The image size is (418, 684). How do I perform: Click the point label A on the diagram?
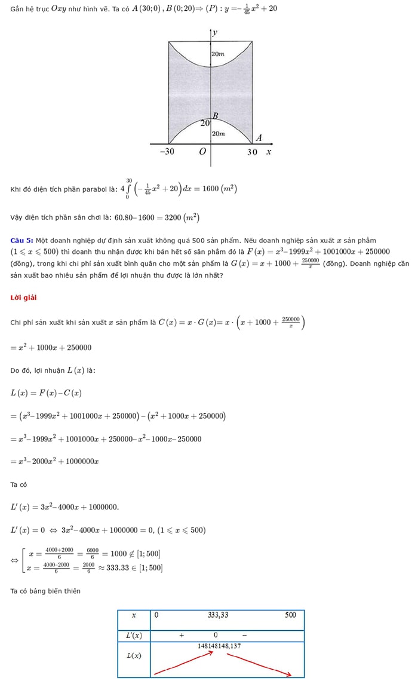(259, 138)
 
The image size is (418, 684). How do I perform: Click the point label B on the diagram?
(215, 116)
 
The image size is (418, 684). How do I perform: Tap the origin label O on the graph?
(202, 152)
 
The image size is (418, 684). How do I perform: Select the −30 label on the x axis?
(167, 152)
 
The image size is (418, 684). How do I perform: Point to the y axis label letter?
(215, 32)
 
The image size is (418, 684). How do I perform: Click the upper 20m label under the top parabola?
(218, 54)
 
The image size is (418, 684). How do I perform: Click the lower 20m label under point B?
(219, 134)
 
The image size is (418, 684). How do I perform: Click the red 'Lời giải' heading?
(23, 297)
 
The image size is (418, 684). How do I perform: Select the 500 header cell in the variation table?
(290, 615)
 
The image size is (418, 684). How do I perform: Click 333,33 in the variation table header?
(218, 615)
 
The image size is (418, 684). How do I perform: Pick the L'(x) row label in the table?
(134, 635)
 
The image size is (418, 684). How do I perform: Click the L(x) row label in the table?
(134, 655)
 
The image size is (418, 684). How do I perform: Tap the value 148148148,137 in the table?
(219, 646)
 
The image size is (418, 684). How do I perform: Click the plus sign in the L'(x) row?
(182, 635)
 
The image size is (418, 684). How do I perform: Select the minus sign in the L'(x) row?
(244, 635)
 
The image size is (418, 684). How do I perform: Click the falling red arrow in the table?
(258, 664)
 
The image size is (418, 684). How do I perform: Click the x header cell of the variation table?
(134, 615)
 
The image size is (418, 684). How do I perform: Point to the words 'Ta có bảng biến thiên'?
(45, 591)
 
